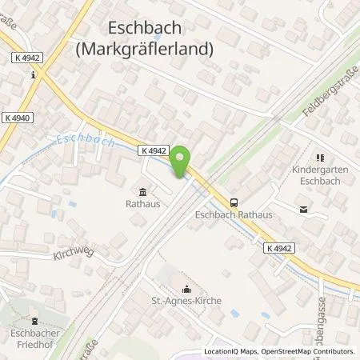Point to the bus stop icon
pyautogui.click(x=234, y=202)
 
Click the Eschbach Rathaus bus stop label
pyautogui.click(x=230, y=215)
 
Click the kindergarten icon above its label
pyautogui.click(x=321, y=158)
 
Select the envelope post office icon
pyautogui.click(x=303, y=210)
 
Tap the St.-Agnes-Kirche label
pyautogui.click(x=189, y=302)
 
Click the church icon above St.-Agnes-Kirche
pyautogui.click(x=188, y=289)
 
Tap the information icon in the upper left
pyautogui.click(x=32, y=75)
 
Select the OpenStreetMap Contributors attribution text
pyautogui.click(x=308, y=351)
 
